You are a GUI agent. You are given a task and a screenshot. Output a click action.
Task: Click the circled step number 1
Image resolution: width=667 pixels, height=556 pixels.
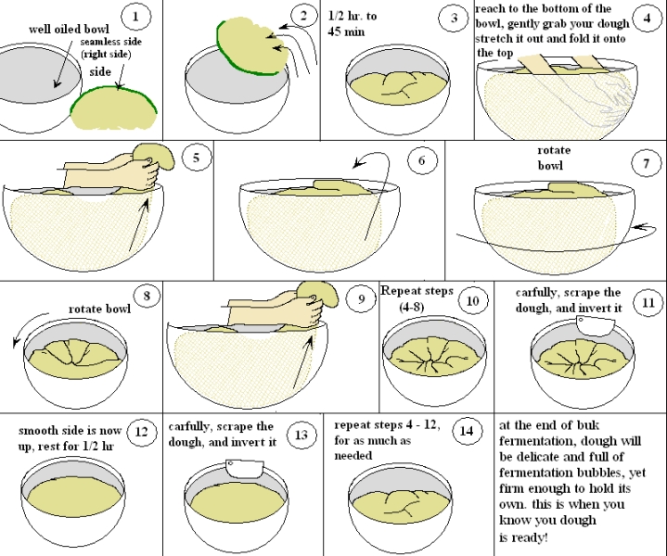(x=136, y=16)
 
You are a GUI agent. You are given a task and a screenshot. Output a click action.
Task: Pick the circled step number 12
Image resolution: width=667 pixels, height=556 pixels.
(x=141, y=432)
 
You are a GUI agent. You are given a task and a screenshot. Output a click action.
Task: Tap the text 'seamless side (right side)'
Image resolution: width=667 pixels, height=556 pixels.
(x=118, y=49)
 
